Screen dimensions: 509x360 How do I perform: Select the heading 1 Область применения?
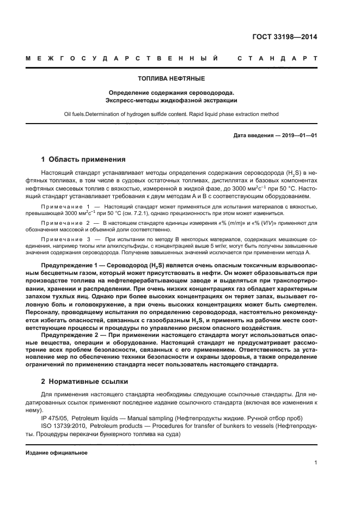point(83,160)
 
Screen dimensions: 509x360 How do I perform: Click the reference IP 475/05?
point(57,418)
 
